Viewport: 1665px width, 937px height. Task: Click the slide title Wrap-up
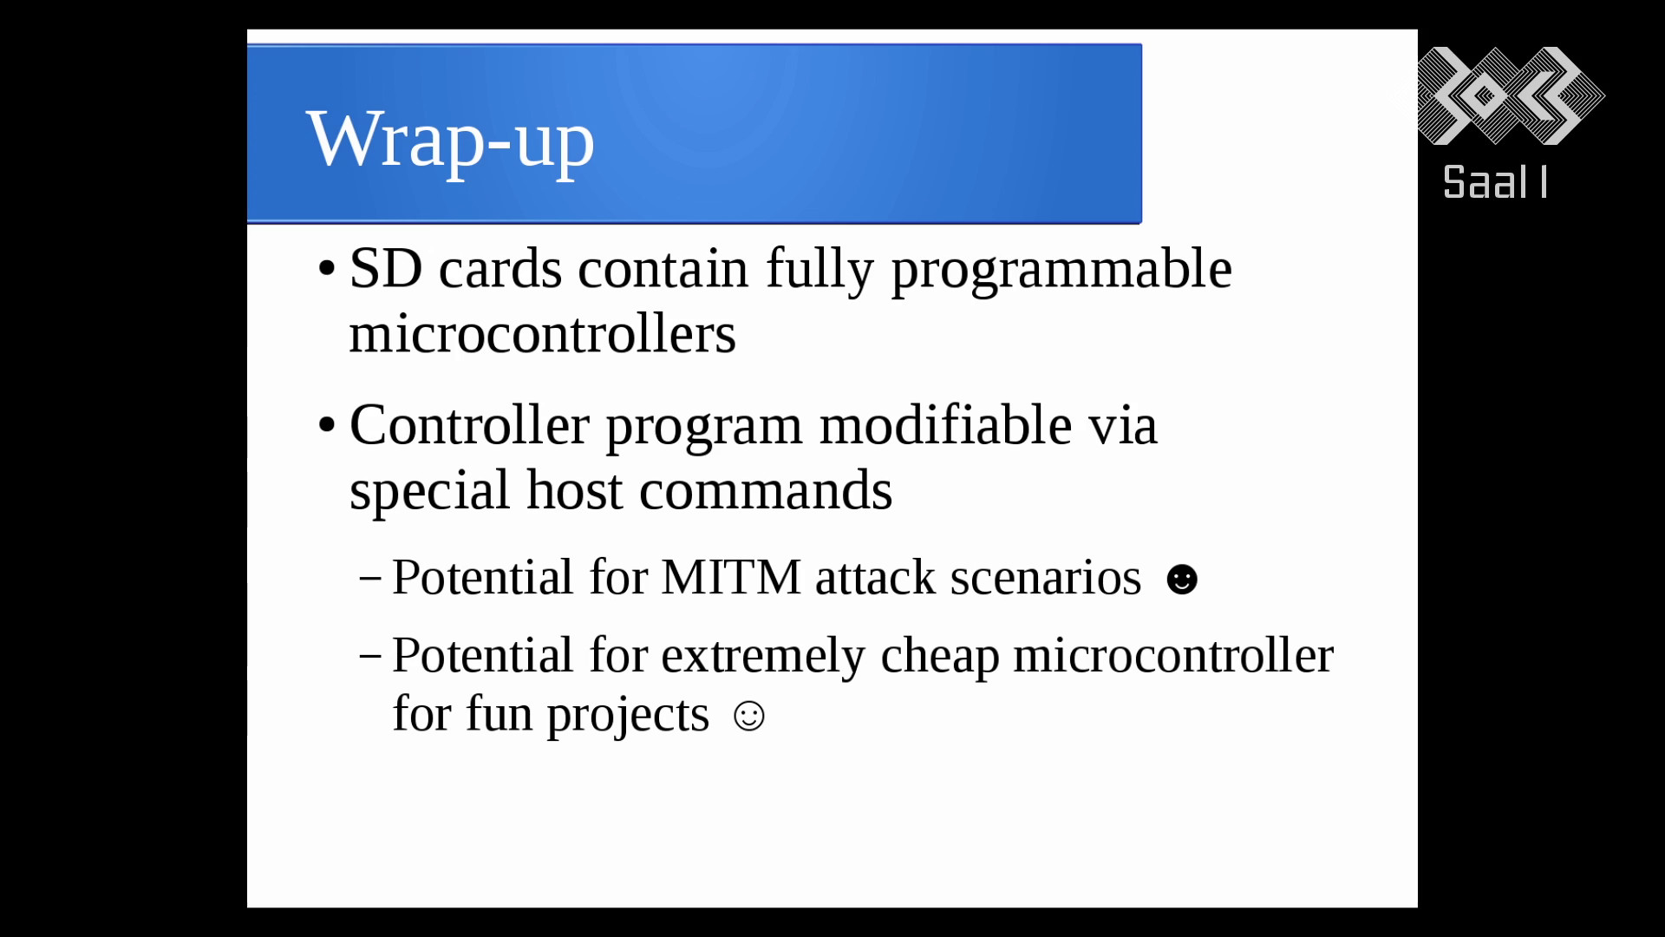click(450, 141)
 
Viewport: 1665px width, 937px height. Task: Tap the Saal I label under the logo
click(1495, 183)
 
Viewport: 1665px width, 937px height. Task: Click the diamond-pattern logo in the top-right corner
click(1511, 95)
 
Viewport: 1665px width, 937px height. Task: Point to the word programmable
click(1061, 271)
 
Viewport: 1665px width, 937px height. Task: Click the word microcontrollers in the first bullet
click(543, 334)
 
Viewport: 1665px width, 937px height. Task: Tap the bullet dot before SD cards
click(327, 268)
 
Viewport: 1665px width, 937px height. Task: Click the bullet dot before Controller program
click(327, 425)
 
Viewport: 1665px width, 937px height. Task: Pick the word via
click(1123, 426)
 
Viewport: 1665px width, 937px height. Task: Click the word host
click(574, 490)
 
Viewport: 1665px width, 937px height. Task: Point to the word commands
click(766, 491)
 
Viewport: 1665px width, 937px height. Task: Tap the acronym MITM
click(731, 578)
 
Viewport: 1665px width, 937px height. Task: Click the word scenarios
click(1046, 578)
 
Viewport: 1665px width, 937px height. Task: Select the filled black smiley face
click(1182, 580)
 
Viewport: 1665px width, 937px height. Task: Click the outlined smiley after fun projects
click(749, 716)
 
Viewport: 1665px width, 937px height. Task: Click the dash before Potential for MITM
click(370, 578)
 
